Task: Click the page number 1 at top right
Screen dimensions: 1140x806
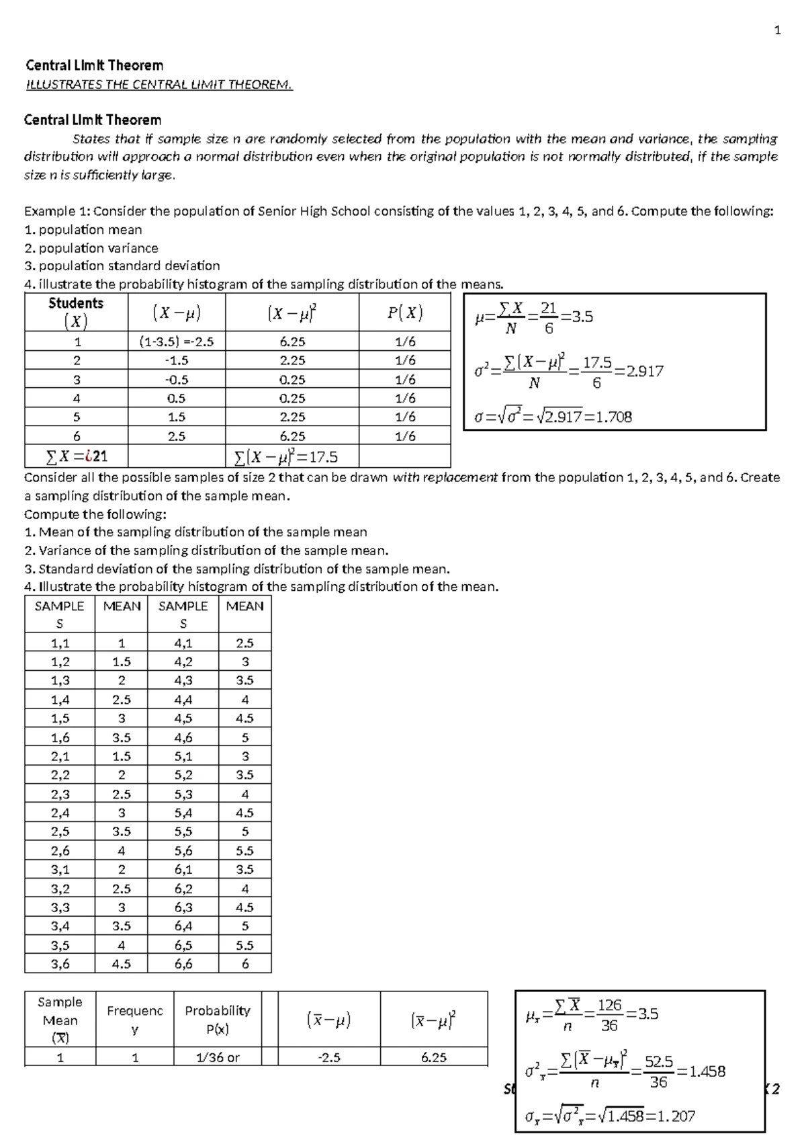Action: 777,30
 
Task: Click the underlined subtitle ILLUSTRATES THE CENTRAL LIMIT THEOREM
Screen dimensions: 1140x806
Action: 159,85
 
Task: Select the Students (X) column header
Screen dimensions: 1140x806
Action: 76,313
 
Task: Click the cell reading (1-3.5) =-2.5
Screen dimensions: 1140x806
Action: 176,341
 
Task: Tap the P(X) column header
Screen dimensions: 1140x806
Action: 404,313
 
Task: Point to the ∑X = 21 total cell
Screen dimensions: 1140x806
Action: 76,458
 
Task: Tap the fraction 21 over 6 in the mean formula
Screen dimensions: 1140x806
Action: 549,317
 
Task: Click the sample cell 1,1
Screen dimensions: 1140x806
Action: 60,643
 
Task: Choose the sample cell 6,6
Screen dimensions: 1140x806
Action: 183,964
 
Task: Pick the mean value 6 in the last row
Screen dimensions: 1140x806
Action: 244,964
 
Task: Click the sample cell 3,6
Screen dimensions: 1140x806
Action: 60,964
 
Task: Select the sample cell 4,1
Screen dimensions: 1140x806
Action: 183,643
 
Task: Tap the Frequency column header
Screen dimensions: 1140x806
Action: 134,1019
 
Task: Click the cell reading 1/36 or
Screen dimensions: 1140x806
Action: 218,1057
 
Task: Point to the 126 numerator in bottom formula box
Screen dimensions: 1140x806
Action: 609,1006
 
